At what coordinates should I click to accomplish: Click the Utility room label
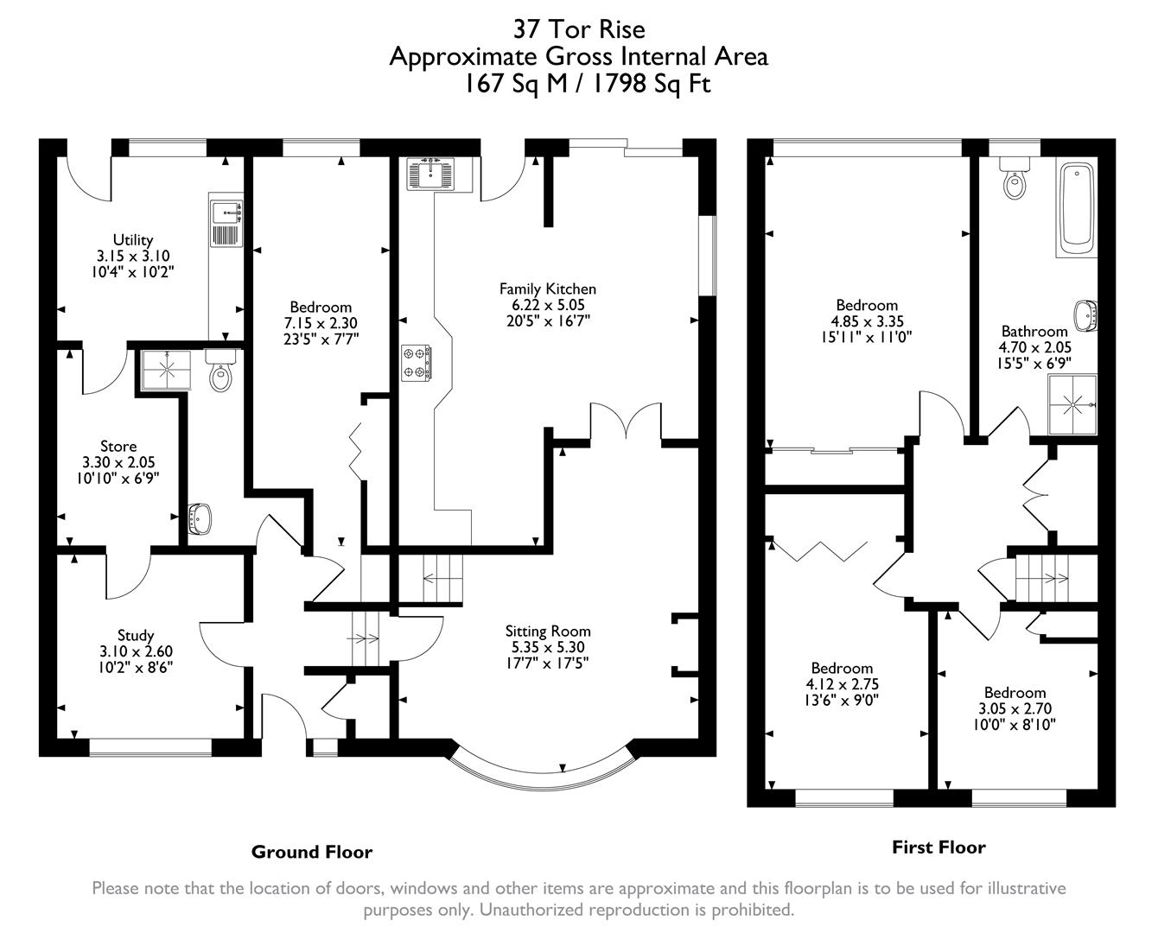(x=133, y=239)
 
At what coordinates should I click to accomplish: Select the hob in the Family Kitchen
(x=417, y=362)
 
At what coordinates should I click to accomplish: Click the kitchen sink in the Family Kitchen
(x=436, y=173)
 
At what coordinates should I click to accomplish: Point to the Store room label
(x=118, y=446)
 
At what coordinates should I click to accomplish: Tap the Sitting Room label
(x=548, y=631)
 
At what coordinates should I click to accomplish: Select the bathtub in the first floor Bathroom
(x=1077, y=206)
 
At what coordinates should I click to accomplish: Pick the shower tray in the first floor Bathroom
(x=1072, y=403)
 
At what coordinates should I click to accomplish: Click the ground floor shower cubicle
(x=161, y=369)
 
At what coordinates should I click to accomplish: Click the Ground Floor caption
(x=311, y=852)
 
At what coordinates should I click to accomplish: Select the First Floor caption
(x=938, y=847)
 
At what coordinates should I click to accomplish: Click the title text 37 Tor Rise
(x=578, y=29)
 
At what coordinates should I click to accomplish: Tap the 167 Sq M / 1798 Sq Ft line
(x=578, y=84)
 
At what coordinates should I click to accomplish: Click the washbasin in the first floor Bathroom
(x=1085, y=315)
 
